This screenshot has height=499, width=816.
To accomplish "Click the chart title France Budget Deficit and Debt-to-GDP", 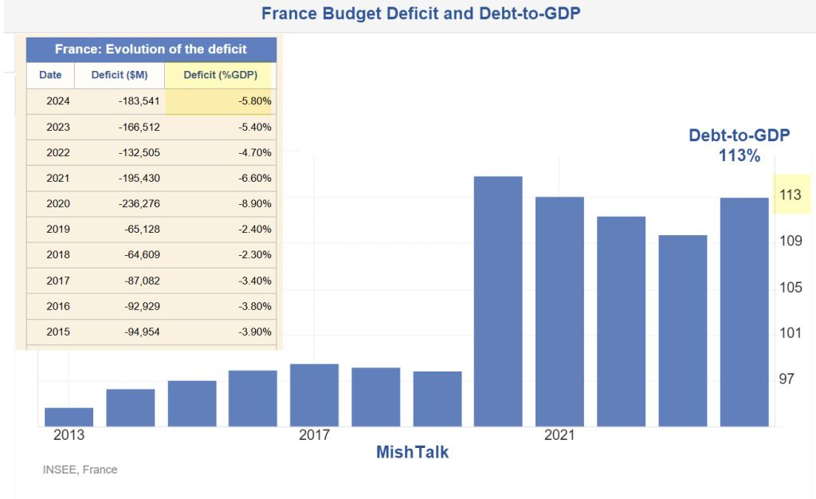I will [x=420, y=14].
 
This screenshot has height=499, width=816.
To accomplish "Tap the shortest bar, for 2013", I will [x=69, y=417].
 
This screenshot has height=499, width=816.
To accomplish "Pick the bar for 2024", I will [x=744, y=312].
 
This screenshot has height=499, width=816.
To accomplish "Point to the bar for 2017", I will [x=314, y=395].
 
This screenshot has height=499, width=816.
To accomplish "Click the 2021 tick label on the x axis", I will [x=559, y=435].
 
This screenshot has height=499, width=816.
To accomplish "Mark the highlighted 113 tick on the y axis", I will [x=790, y=194].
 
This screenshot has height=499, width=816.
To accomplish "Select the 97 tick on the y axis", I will [x=787, y=378].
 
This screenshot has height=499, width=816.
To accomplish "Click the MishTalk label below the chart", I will [x=412, y=452].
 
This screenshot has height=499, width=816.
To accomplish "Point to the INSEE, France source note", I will [x=80, y=470].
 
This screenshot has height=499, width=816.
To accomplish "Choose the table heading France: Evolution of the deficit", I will [x=151, y=49].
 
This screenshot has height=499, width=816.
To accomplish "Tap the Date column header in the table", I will [x=50, y=75].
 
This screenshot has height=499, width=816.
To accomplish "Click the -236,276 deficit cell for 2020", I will [x=137, y=203].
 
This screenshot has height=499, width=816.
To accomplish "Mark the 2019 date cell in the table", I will [x=58, y=229].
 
